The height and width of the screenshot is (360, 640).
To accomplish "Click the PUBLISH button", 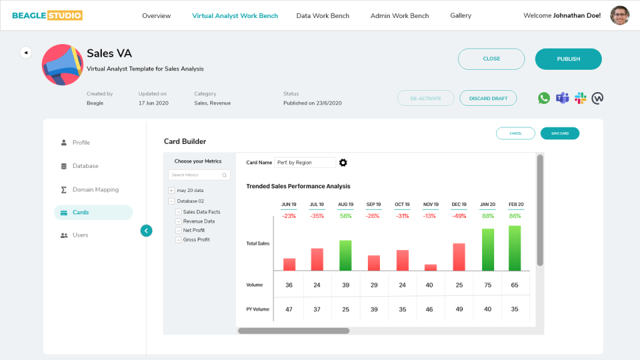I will pos(568,59).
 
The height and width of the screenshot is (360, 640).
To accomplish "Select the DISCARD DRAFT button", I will pos(488,98).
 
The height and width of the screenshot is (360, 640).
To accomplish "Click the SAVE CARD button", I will pos(559,133).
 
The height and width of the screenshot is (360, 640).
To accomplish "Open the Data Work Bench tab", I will pos(323,15).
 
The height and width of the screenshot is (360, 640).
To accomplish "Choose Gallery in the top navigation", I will pos(461,15).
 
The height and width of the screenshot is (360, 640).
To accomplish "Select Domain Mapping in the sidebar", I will pos(95,189).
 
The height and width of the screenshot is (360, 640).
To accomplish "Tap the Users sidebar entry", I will pos(80,235).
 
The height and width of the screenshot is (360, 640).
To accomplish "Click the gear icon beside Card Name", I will pos(343,163).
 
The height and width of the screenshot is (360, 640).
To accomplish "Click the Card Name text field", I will pos(305,163).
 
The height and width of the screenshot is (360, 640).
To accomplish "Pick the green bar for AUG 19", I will pos(345,255).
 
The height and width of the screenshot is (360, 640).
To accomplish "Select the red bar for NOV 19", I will pos(431,267).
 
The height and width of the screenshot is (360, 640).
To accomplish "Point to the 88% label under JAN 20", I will pos(488,216).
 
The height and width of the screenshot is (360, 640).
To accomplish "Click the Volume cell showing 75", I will pos(488,285).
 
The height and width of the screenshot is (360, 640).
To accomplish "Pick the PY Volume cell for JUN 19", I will pos(289,309).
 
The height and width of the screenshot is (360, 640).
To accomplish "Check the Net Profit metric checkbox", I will pos(179,231).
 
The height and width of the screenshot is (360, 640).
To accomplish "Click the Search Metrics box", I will pos(199,175).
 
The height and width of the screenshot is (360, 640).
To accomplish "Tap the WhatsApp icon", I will pos(544,98).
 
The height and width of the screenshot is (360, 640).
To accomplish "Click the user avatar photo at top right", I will pos(619,15).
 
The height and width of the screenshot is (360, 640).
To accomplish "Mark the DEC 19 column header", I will pos(459,205).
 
